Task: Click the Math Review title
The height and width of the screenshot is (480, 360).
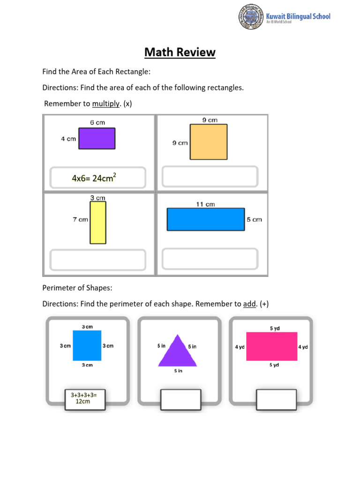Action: [180, 52]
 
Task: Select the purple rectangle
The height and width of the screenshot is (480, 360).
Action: [97, 139]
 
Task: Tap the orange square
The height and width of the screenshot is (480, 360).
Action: [208, 142]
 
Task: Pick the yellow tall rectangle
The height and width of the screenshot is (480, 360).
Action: [98, 222]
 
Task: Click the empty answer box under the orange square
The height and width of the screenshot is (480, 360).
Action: [210, 176]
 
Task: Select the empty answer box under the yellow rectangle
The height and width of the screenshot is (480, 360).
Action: [97, 260]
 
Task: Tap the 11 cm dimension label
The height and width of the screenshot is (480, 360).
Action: [205, 204]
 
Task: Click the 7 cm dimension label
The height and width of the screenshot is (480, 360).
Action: [80, 219]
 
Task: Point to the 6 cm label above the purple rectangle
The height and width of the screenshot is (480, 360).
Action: [97, 123]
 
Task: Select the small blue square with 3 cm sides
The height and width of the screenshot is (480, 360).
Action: [87, 345]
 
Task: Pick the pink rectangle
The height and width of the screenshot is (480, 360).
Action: [272, 346]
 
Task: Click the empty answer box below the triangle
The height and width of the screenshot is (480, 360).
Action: [180, 398]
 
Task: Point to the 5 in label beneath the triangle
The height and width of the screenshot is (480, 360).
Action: [178, 371]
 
